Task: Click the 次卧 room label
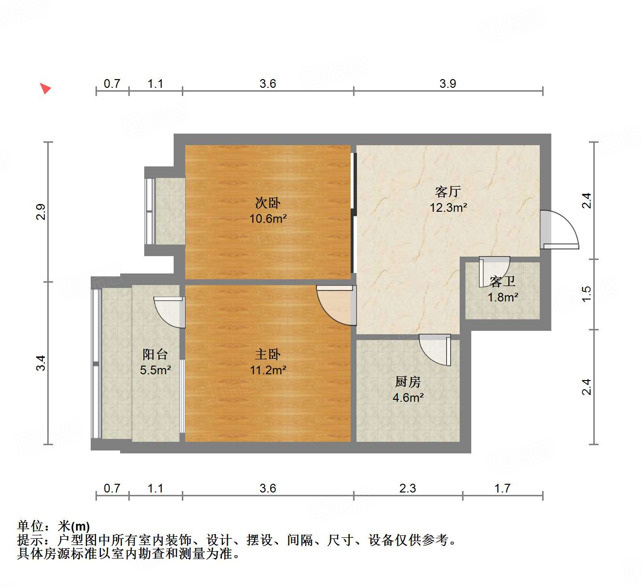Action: tap(268, 203)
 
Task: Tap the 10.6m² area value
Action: tap(268, 218)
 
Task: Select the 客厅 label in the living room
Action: tap(448, 192)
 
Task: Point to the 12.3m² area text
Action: tap(448, 208)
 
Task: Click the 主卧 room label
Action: tap(268, 355)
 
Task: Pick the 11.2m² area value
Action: tap(268, 370)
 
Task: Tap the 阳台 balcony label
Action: tap(155, 355)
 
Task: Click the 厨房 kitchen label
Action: tap(408, 382)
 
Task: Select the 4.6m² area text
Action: tap(408, 397)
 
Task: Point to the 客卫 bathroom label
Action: tap(502, 281)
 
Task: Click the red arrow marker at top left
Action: tap(45, 88)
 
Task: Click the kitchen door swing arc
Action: tap(435, 350)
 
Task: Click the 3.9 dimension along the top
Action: tap(448, 84)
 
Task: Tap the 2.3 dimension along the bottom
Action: tap(408, 489)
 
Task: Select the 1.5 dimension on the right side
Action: tap(586, 294)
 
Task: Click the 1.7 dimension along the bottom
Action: tap(502, 489)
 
